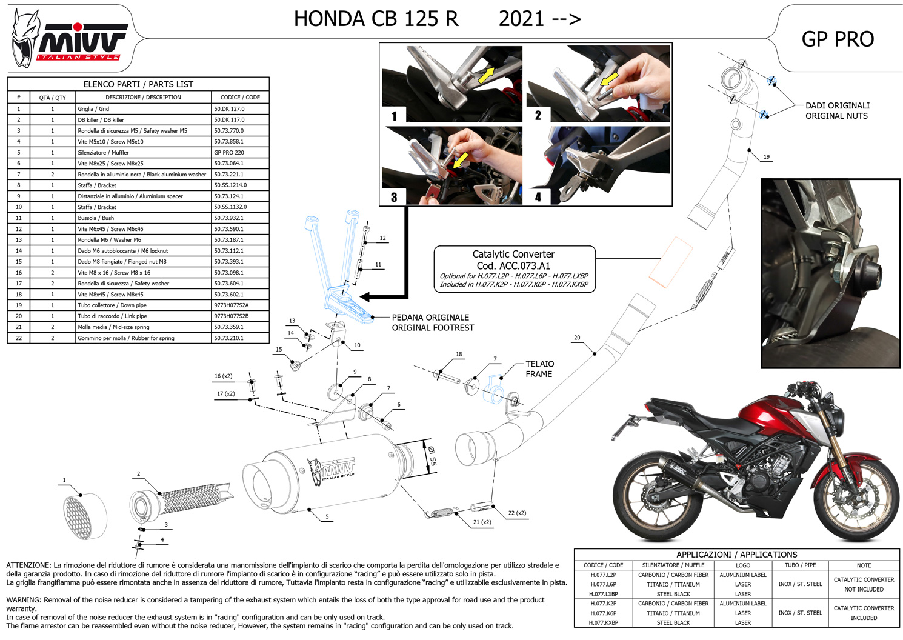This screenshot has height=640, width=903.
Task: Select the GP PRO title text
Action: (x=838, y=39)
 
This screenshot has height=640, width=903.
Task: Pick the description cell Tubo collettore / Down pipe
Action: (x=143, y=305)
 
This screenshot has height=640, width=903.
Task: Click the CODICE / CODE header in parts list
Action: (x=240, y=97)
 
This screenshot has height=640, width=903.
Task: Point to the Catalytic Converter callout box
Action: (x=515, y=269)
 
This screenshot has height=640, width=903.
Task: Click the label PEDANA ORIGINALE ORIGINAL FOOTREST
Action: (x=433, y=322)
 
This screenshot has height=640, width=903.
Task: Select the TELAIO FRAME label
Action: (x=539, y=368)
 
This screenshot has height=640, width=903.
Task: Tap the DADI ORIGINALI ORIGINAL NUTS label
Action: (x=838, y=111)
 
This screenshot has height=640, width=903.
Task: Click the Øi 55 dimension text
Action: (x=432, y=456)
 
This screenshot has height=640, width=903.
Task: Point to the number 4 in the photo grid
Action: (x=538, y=197)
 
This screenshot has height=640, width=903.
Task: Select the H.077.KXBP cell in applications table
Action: (x=603, y=622)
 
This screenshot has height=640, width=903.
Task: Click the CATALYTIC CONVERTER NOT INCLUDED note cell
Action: (x=864, y=584)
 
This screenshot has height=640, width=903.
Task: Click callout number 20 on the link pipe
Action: (x=577, y=338)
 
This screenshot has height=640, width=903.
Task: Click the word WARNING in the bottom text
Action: (x=24, y=600)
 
